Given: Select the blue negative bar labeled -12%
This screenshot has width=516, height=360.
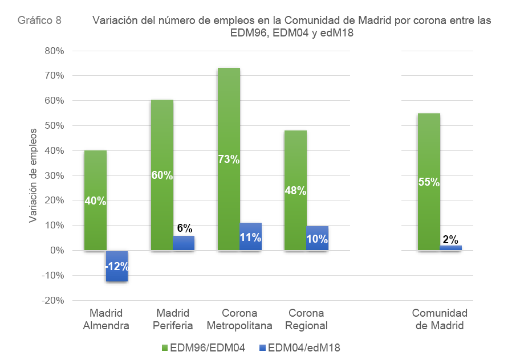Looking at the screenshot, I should pyautogui.click(x=117, y=266).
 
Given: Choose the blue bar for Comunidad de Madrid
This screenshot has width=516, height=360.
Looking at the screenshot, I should pyautogui.click(x=450, y=248).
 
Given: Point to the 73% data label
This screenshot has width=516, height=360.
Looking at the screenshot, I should pyautogui.click(x=229, y=159).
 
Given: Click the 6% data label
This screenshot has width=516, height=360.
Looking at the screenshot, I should pyautogui.click(x=184, y=228).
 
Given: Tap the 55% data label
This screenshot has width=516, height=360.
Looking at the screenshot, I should pyautogui.click(x=429, y=182).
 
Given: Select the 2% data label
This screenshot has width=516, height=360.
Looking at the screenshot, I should pyautogui.click(x=450, y=239).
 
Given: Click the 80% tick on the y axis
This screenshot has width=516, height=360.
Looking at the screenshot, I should pyautogui.click(x=55, y=51).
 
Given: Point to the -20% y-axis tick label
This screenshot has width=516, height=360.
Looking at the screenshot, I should pyautogui.click(x=53, y=301).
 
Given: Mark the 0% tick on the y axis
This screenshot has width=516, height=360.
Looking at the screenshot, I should pyautogui.click(x=57, y=251).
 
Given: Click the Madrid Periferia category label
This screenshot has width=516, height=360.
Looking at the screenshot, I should pyautogui.click(x=173, y=320).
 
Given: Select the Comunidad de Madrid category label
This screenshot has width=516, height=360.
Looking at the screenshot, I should pyautogui.click(x=440, y=320).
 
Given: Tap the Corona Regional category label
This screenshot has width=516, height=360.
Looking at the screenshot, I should pyautogui.click(x=306, y=320).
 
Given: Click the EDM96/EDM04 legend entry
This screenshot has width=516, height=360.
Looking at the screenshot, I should pyautogui.click(x=204, y=347).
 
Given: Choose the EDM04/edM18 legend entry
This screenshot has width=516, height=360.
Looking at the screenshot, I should pyautogui.click(x=299, y=347).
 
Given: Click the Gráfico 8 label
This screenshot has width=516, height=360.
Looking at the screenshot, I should pyautogui.click(x=40, y=21).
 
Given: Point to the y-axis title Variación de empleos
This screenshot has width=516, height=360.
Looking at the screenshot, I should pyautogui.click(x=33, y=175).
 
